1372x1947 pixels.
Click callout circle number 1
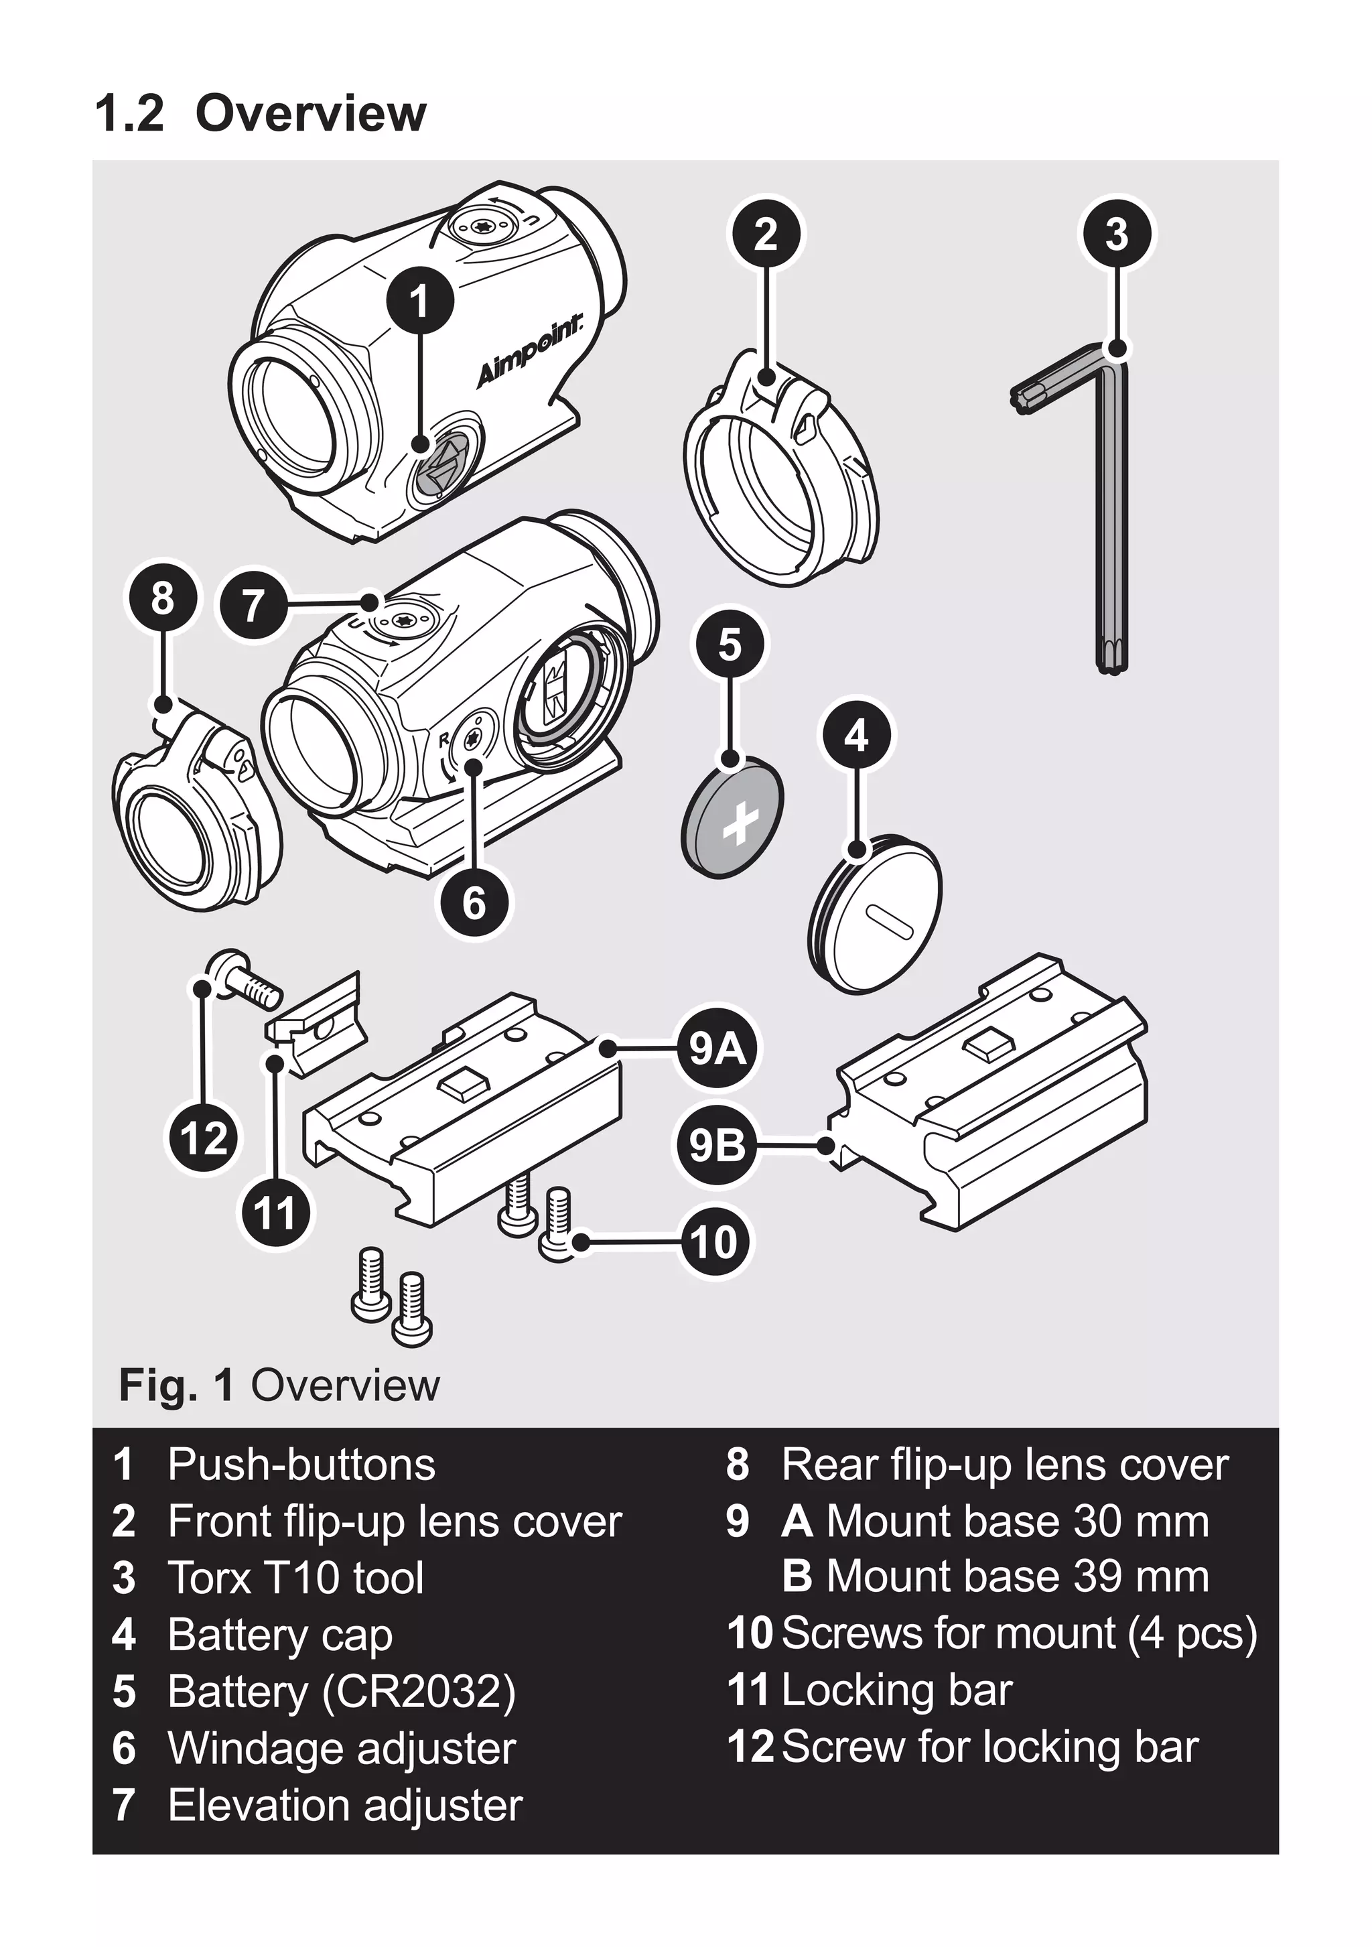[421, 300]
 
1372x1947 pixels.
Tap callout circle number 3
[1117, 233]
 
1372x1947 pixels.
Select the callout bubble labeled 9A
[717, 1050]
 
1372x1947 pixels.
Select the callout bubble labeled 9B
[717, 1146]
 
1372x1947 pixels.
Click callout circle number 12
[204, 1138]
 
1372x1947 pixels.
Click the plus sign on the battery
[740, 823]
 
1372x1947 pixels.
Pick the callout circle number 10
[714, 1243]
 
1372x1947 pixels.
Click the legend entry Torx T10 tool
[295, 1578]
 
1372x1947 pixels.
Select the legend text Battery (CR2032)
[341, 1691]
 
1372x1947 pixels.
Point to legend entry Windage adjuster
[341, 1748]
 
